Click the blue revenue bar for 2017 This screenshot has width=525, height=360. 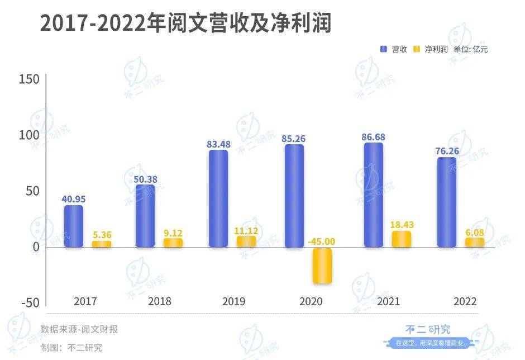point(74,226)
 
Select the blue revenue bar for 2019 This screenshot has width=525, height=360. point(218,198)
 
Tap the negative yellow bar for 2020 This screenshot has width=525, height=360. point(322,266)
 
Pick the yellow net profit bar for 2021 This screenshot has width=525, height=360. point(401,239)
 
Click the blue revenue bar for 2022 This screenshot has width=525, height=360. point(446,202)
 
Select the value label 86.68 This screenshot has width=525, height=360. point(374,137)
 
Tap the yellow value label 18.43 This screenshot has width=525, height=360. point(401,224)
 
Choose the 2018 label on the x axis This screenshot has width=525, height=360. point(160,301)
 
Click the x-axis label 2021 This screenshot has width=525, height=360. point(388,301)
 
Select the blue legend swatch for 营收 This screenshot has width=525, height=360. point(384,49)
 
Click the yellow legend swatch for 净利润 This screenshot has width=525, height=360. point(417,49)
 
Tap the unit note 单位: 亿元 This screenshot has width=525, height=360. point(471,49)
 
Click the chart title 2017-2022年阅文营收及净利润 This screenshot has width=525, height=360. point(185,24)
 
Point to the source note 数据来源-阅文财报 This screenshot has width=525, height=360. point(79,329)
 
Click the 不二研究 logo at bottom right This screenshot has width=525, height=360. point(427,330)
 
